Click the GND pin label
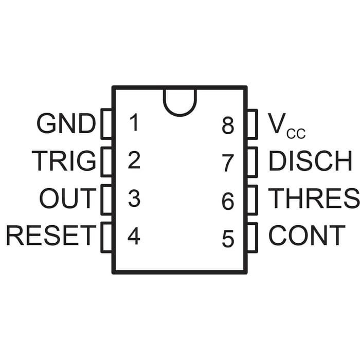[x=66, y=123]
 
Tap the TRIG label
[x=64, y=161]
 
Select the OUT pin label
[x=67, y=199]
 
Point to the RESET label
[x=51, y=236]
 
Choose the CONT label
[x=307, y=236]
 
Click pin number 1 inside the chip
[x=134, y=123]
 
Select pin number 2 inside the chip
[x=134, y=161]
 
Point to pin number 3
[x=134, y=199]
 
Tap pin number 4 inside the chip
[x=134, y=236]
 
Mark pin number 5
[x=228, y=239]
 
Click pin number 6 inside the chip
[x=228, y=201]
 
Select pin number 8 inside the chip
[x=228, y=126]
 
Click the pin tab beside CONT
[x=252, y=236]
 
